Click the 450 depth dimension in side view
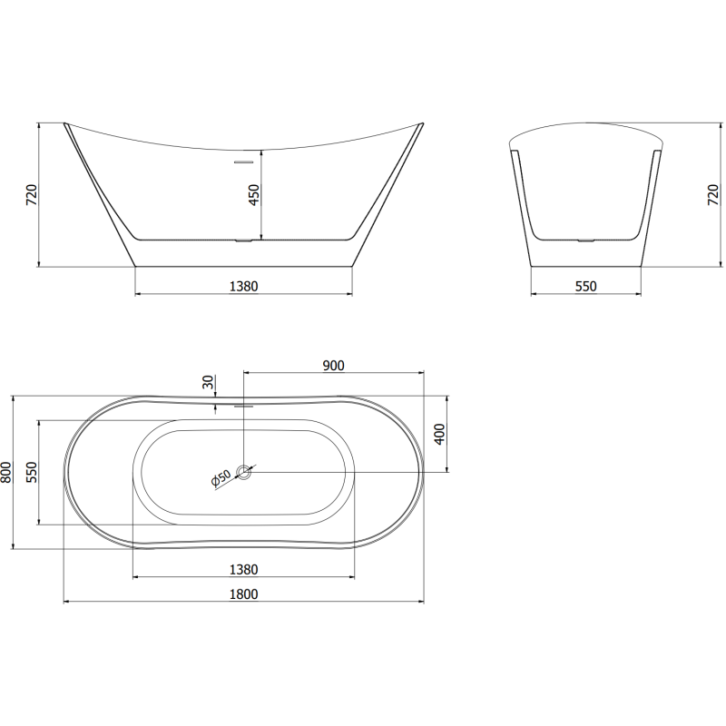(x=255, y=194)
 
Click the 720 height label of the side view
(x=31, y=194)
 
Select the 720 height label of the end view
(x=712, y=194)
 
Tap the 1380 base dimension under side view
(x=244, y=286)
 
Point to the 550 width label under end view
(x=586, y=286)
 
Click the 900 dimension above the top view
(x=333, y=365)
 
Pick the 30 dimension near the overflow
(x=210, y=384)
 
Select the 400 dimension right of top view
(x=439, y=434)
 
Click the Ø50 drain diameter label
(x=221, y=478)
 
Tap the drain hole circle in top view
(x=244, y=472)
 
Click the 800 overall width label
(x=7, y=472)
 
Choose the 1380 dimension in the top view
(x=244, y=569)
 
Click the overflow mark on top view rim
(x=242, y=406)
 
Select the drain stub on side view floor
(x=244, y=241)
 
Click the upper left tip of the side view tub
(x=65, y=124)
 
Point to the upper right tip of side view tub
(x=420, y=124)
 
